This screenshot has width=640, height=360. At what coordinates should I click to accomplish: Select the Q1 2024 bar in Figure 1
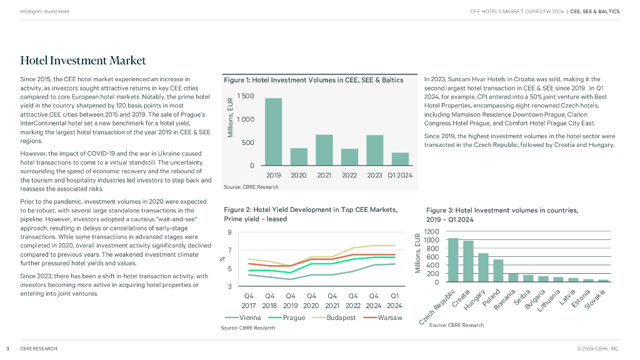coord(400,159)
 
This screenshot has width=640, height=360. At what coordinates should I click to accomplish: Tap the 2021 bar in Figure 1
coord(324,150)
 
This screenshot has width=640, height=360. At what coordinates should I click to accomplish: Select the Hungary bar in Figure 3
coord(483,267)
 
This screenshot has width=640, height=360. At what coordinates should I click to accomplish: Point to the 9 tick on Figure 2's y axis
coord(230,233)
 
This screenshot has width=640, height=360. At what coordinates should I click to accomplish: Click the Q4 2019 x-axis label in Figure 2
coord(290,301)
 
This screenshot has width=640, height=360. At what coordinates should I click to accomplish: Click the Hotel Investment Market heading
coord(83,61)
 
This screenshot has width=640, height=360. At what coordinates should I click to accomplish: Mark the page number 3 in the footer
coord(7,348)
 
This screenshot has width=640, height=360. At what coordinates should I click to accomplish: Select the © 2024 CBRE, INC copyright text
coord(598,348)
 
